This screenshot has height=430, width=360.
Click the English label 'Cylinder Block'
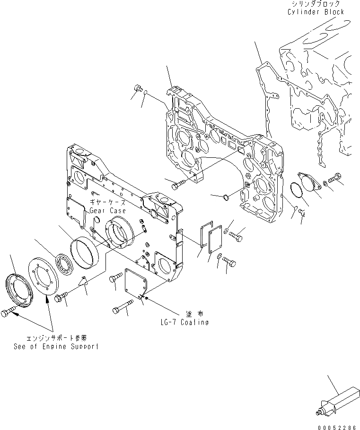click(316, 12)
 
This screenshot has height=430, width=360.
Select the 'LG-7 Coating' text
click(184, 322)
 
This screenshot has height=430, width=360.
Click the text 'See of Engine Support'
click(57, 346)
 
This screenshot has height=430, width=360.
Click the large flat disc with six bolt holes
click(45, 277)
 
